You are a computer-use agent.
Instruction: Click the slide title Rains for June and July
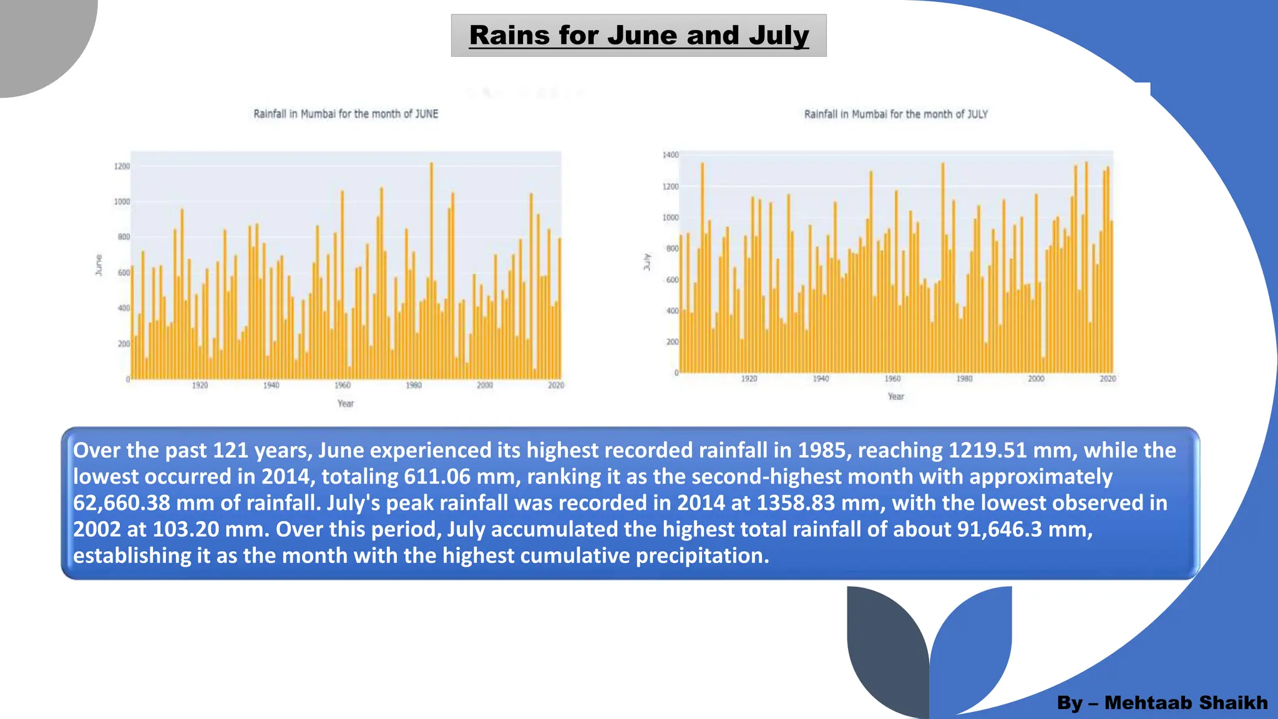coord(638,36)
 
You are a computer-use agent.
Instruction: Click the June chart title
coord(346,114)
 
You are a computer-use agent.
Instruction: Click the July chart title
coord(895,114)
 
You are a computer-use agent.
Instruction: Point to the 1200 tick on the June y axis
coord(122,167)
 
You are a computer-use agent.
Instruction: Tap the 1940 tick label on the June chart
coord(271,385)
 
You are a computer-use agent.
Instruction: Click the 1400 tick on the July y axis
coord(670,155)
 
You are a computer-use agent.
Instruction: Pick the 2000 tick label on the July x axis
coord(1036,379)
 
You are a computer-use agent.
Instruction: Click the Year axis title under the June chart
coord(345,404)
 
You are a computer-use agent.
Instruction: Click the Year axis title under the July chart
coord(895,396)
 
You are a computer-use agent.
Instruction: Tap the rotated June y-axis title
coord(99,265)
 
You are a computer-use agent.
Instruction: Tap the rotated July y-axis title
coord(647,262)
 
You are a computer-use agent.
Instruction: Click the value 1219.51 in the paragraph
coord(987,451)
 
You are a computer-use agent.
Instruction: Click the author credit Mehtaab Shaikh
coord(1186,703)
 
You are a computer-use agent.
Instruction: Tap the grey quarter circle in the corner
coord(37,37)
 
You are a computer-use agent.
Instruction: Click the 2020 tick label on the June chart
coord(555,385)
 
